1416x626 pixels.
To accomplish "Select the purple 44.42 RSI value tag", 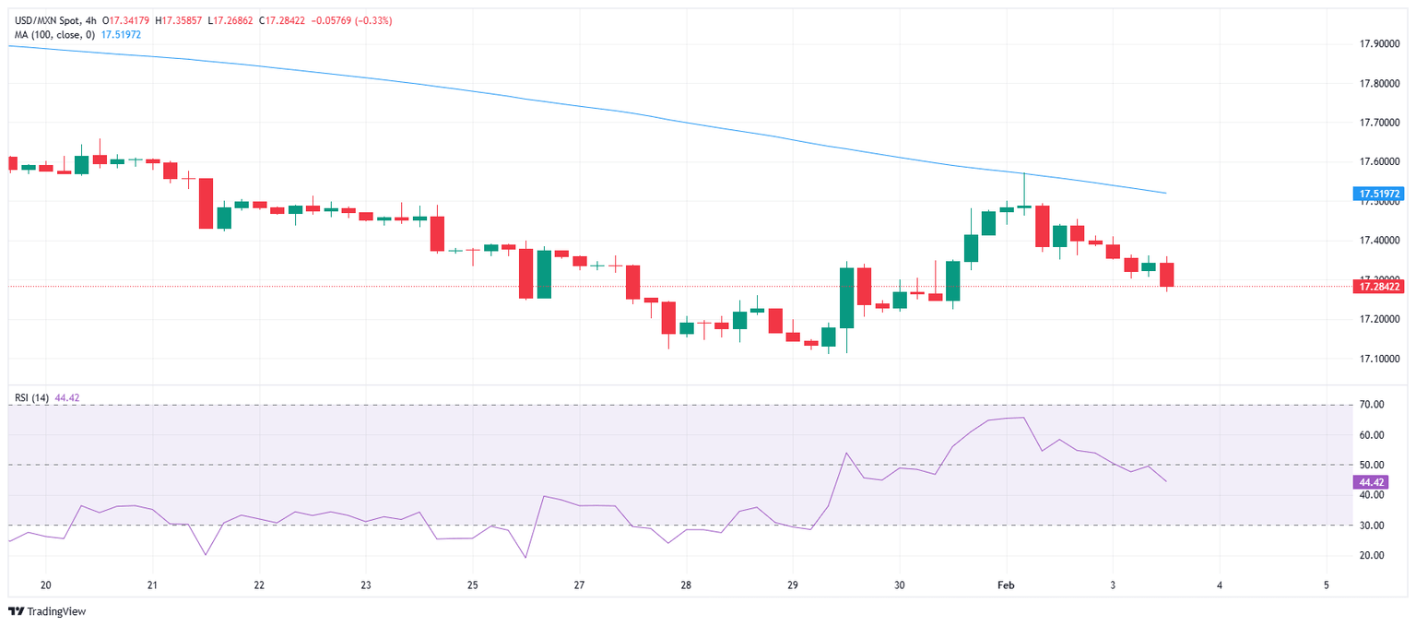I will [1371, 482].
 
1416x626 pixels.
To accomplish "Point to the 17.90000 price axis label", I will [1380, 44].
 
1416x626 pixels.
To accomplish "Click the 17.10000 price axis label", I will [1380, 359].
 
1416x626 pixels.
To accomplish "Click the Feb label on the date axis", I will [1006, 585].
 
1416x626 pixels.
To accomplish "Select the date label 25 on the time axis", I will [472, 585].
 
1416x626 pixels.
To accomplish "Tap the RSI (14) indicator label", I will [32, 397].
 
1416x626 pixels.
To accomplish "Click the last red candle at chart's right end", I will [1166, 275].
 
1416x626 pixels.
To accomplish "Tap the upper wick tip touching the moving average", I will [1024, 174].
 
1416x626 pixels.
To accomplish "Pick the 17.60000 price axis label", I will [1380, 162].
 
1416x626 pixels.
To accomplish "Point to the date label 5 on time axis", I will [1326, 585].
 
